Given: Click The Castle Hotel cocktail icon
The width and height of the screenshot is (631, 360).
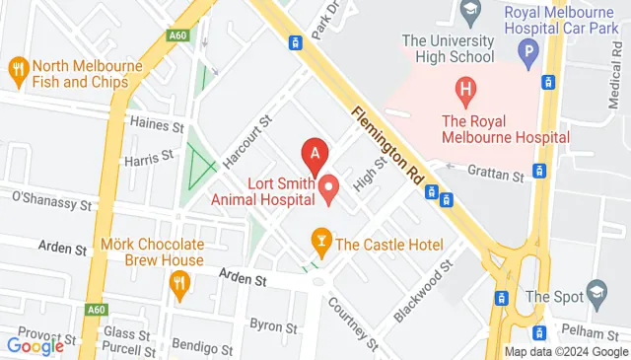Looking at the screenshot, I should point(320,239).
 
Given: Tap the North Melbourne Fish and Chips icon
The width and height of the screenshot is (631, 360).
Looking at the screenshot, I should point(17,68).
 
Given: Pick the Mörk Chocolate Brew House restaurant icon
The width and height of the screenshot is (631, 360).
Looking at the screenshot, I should point(178,285).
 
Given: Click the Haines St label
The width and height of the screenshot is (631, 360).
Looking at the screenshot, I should point(157,126).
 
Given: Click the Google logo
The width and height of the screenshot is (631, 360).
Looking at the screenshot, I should point(35,346).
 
